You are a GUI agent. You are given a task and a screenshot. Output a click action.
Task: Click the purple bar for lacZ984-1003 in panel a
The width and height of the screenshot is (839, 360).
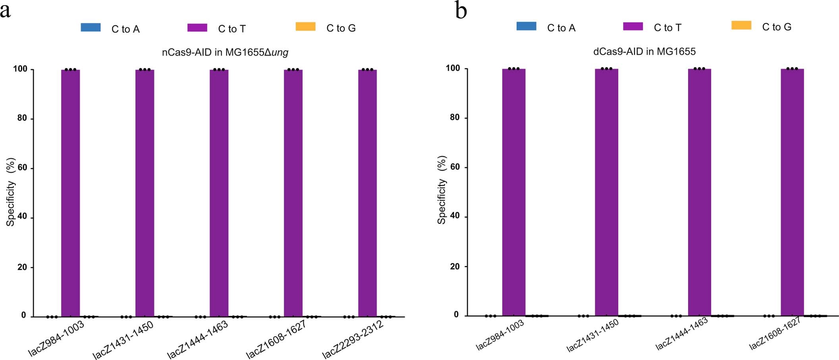point(70,193)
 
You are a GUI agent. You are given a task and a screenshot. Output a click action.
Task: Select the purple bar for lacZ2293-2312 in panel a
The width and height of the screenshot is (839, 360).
point(367,193)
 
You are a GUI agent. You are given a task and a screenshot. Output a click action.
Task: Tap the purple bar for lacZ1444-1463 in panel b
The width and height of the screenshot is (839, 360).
point(699,193)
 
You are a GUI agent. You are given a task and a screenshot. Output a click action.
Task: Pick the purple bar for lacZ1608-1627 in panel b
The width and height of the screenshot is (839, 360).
point(792,193)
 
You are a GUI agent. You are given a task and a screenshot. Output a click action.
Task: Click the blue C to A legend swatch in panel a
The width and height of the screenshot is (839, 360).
point(90,27)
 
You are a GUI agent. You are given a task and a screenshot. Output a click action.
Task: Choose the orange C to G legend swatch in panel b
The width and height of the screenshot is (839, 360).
point(741,25)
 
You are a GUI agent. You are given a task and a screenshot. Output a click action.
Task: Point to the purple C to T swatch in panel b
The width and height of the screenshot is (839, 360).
point(633,26)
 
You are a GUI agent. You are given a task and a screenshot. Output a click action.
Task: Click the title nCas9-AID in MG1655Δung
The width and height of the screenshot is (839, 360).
point(225,52)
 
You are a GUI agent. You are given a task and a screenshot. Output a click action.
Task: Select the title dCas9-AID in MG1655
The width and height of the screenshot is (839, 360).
point(644,52)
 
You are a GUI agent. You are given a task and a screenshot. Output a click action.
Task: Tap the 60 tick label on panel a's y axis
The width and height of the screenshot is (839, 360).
point(22,167)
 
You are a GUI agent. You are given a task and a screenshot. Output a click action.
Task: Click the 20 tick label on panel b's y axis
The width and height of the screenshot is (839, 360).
point(454,266)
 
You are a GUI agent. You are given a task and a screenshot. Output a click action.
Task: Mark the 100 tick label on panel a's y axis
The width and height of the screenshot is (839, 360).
point(20,69)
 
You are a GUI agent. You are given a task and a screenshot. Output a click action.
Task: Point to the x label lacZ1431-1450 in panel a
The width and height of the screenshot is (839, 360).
point(123,340)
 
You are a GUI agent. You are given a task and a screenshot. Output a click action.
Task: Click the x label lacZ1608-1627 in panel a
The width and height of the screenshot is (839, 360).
point(276,339)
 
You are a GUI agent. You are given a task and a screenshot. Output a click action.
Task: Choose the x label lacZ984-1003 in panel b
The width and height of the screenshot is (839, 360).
point(500,335)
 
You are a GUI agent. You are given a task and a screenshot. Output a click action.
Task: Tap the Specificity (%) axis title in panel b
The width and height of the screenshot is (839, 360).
point(441,190)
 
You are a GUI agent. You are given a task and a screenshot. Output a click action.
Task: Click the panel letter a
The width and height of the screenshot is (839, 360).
point(5,11)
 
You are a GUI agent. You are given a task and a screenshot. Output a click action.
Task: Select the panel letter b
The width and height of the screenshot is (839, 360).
point(461,11)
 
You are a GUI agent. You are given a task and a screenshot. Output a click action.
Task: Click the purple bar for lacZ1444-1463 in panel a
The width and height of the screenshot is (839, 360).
point(219,193)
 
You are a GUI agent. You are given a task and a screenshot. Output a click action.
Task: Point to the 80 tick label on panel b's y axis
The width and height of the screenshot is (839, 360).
point(454,117)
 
